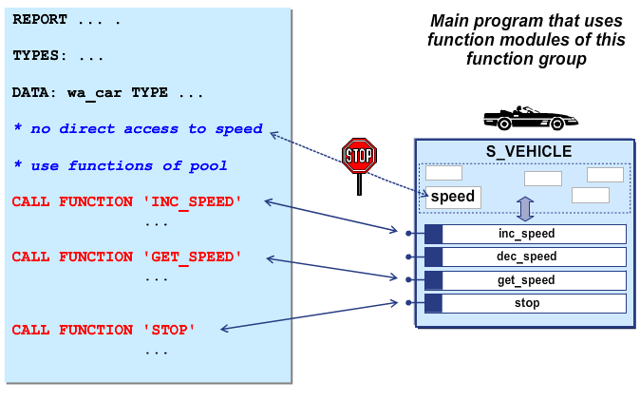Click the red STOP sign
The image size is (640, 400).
pos(359,156)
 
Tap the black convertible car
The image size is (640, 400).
pos(530,118)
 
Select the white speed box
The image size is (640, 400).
pos(453,198)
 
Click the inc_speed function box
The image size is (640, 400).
pos(525,234)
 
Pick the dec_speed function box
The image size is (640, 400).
pos(525,257)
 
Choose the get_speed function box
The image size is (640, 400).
pos(525,280)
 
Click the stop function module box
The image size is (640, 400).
pos(525,303)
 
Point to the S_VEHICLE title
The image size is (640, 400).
pos(529,152)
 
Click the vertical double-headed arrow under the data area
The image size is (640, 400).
pos(525,209)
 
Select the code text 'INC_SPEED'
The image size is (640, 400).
pos(192,202)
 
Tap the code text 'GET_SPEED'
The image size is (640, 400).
pos(192,257)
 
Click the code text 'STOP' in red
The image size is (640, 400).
pos(169,330)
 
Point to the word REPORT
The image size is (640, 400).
pos(40,20)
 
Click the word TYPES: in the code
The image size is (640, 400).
pos(40,55)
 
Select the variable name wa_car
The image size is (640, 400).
pos(94,93)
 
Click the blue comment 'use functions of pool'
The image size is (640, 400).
pos(129,166)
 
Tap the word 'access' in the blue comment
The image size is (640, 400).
pos(151,129)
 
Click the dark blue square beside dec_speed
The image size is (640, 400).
pos(433,257)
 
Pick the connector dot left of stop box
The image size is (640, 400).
pos(408,303)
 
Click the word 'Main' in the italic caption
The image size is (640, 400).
pos(449,21)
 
